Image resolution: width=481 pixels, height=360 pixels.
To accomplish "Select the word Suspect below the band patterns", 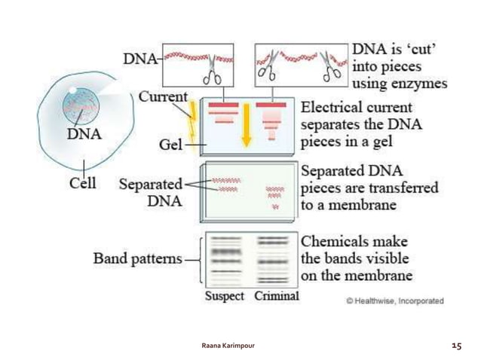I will coord(225,296).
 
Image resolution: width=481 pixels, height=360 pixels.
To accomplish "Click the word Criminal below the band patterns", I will coord(276,296).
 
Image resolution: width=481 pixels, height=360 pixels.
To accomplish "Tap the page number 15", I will coord(455,345).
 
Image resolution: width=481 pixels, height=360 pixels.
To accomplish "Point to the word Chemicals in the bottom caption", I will coord(334,242).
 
